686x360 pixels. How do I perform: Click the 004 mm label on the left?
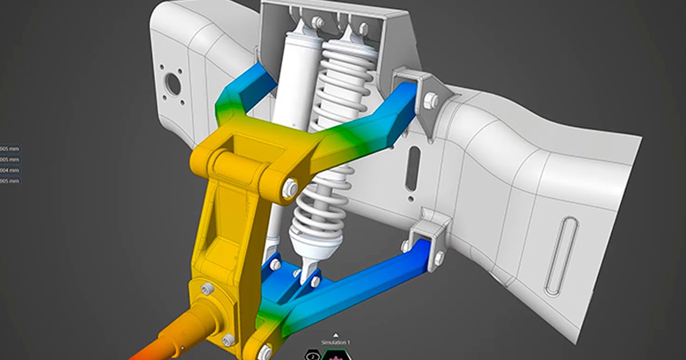10,170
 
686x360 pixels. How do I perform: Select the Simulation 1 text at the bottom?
336,342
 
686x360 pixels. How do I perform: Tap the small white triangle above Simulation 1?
336,336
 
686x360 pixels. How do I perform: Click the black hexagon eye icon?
313,354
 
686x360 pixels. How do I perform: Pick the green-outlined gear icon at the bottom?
334,354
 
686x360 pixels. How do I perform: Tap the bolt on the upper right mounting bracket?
432,101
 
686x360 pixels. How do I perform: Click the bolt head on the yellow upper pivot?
290,188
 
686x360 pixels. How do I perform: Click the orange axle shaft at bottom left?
166,337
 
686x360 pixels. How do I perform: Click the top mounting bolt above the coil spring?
362,27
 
